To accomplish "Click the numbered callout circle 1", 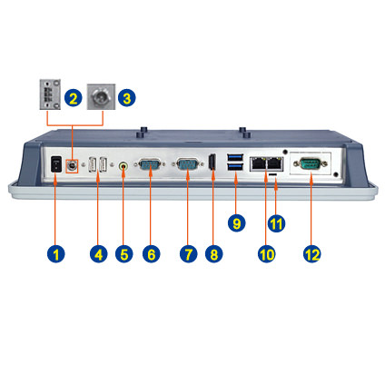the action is click(x=56, y=253).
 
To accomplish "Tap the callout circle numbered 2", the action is click(x=74, y=98).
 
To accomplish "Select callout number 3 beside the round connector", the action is click(x=127, y=98).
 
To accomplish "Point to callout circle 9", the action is click(x=236, y=223).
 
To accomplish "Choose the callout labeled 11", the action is click(x=276, y=223).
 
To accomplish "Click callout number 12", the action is click(x=312, y=253).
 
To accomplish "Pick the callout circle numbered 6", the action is click(x=152, y=253).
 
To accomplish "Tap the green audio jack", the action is click(x=123, y=166).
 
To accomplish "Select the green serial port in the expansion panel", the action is click(x=311, y=163).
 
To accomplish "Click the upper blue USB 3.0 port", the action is click(x=235, y=157).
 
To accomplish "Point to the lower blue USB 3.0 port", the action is click(x=235, y=166).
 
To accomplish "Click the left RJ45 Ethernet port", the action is click(x=258, y=164).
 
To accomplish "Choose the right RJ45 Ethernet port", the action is click(x=275, y=164).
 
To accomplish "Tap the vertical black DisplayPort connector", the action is click(x=212, y=163).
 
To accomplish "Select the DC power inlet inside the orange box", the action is click(x=72, y=166).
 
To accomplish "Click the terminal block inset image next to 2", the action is click(x=50, y=94).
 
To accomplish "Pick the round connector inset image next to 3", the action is click(x=101, y=96).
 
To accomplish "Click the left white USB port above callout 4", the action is click(x=93, y=165).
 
